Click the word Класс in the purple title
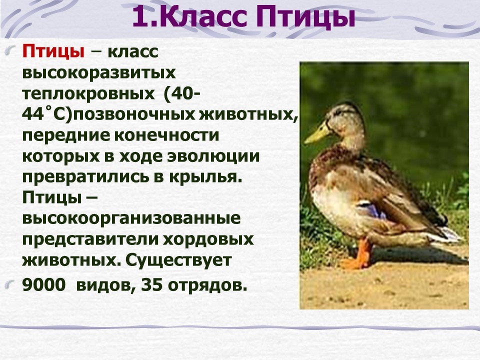tap(203, 17)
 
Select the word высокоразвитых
tap(99, 73)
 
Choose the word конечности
tap(167, 135)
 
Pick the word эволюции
tap(213, 156)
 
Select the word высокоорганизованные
tap(131, 219)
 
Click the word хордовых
tap(208, 239)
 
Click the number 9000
tap(44, 285)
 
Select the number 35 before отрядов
tap(151, 285)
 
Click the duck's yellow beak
tap(317, 133)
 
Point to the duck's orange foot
tap(356, 255)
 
